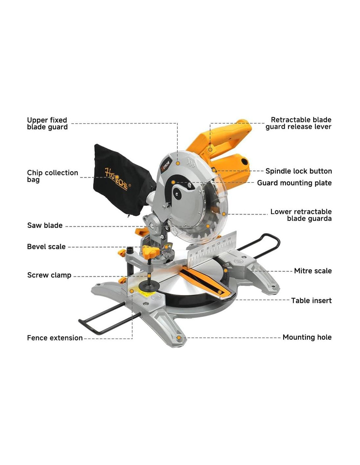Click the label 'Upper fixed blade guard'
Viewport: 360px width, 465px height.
(x=47, y=124)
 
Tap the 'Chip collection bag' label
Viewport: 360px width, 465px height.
(x=52, y=176)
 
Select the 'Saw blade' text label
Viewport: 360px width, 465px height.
(x=45, y=225)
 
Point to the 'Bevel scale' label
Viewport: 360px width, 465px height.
(x=46, y=247)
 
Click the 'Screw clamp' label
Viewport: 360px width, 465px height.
(x=49, y=275)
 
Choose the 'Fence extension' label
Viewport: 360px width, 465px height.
(x=55, y=338)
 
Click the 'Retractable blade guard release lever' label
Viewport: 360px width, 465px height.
(x=298, y=123)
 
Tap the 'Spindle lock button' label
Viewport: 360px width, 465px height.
(x=298, y=171)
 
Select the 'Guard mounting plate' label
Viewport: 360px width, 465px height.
(x=294, y=183)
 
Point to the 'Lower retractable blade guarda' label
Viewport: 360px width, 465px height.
(x=301, y=215)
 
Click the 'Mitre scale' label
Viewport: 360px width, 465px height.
(x=313, y=271)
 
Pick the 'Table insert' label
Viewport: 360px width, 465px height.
(x=311, y=301)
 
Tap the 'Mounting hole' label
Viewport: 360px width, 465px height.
(x=307, y=337)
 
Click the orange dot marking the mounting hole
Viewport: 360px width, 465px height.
(x=179, y=337)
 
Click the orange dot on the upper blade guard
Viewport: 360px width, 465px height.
(x=178, y=163)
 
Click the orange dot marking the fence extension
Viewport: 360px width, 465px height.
(x=132, y=290)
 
